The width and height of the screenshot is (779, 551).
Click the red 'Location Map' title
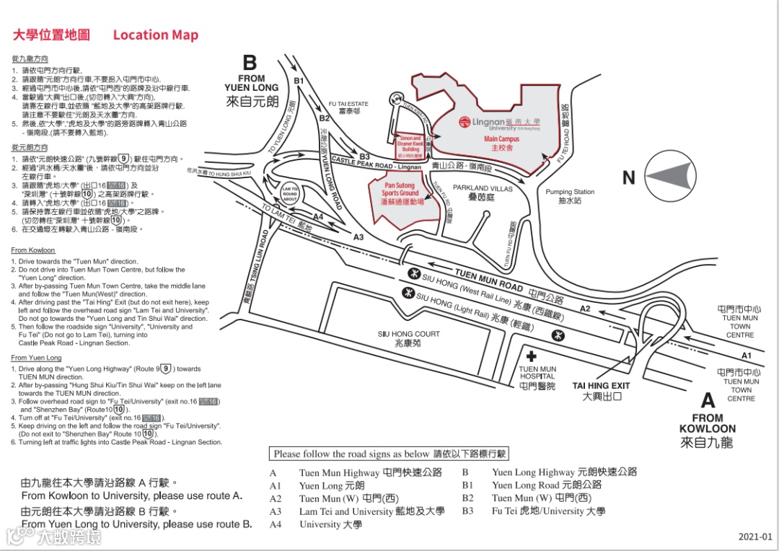click(x=155, y=35)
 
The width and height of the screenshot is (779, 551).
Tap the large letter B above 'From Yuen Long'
click(x=250, y=63)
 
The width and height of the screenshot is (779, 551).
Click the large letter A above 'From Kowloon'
click(x=708, y=400)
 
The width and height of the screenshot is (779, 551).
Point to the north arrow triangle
click(x=672, y=177)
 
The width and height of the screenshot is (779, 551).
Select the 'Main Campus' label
click(x=501, y=139)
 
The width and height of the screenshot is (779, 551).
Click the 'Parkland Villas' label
click(x=483, y=188)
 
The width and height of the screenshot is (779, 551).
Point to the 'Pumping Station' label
click(x=570, y=192)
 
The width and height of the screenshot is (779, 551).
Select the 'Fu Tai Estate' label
click(x=348, y=104)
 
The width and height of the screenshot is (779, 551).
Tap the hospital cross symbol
click(x=532, y=356)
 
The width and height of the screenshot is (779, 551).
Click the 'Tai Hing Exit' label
click(x=602, y=386)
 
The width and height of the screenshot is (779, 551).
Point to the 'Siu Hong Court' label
click(x=408, y=334)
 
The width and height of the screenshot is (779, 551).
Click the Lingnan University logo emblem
click(x=465, y=124)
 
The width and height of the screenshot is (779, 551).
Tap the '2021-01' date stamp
click(x=754, y=537)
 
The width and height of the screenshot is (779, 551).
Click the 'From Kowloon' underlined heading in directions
click(x=33, y=250)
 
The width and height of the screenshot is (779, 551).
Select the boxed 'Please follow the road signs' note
click(x=390, y=454)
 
